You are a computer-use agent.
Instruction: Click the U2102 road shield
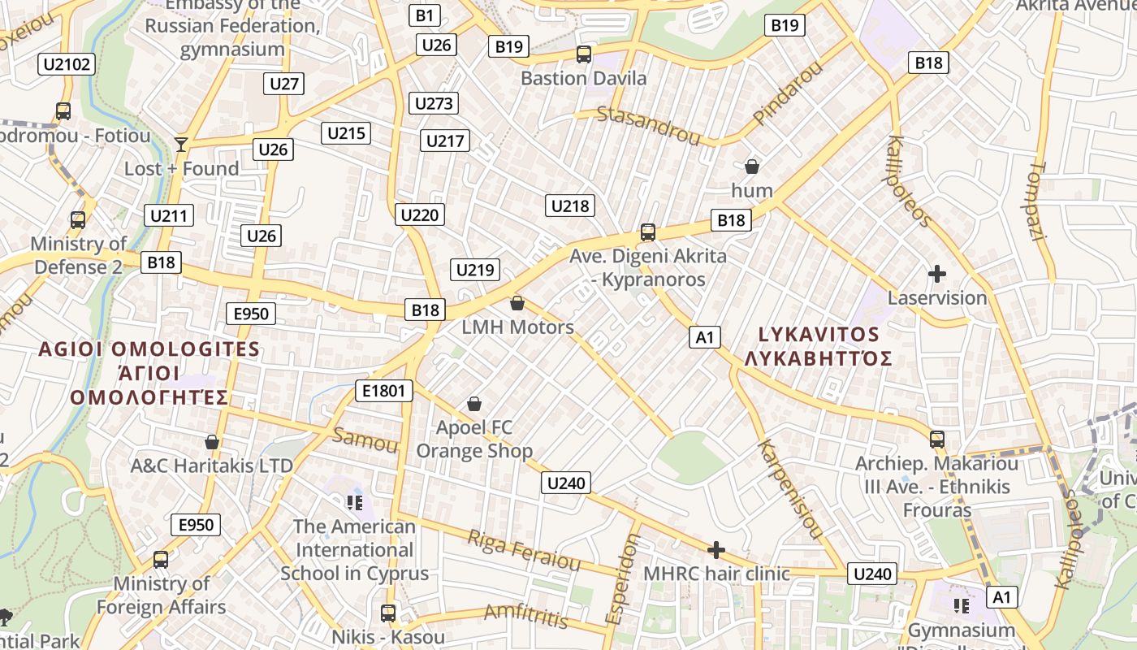coord(67,64)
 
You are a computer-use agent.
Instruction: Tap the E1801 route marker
coord(383,391)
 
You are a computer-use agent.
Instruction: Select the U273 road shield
coord(434,103)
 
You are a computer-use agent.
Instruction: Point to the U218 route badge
coord(570,206)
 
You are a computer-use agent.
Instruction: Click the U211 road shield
coord(169,216)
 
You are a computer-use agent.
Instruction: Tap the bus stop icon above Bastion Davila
coord(584,54)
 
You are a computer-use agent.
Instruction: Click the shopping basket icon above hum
coord(752,167)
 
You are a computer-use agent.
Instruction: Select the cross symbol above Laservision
coord(937,274)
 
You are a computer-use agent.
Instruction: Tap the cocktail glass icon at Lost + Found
coord(181,145)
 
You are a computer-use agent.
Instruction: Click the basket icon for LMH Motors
coord(517,304)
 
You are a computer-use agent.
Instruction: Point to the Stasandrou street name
coord(648,125)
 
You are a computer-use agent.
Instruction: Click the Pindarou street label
coord(787,93)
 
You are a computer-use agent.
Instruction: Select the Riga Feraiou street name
coord(524,550)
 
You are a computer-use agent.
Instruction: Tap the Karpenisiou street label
coord(789,488)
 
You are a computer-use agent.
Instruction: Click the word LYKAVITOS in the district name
coord(819,334)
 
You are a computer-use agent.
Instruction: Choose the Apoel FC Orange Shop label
coord(474,439)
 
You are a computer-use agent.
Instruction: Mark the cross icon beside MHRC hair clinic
coord(715,550)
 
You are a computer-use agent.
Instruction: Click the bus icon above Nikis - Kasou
coord(388,613)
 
